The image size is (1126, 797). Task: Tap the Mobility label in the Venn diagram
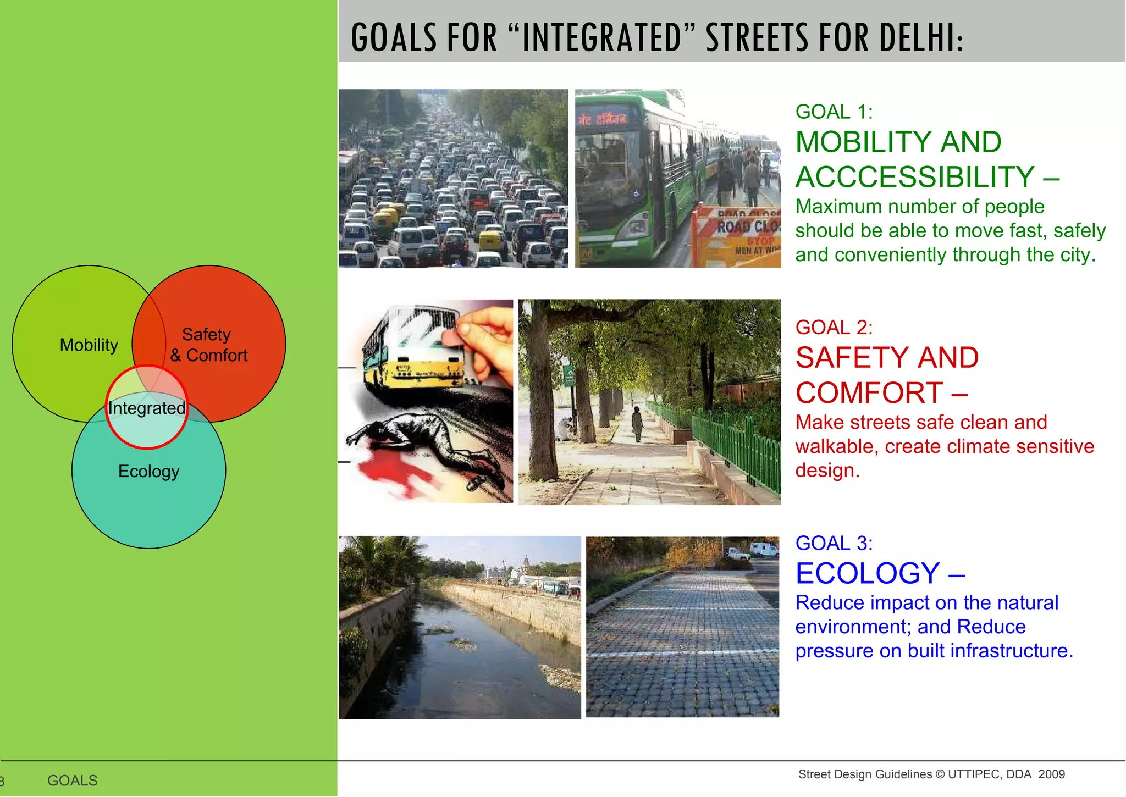coord(89,345)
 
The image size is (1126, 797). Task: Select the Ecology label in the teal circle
coord(148,471)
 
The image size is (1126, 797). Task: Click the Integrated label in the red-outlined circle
coord(146,408)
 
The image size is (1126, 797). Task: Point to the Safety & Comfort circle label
coord(208,345)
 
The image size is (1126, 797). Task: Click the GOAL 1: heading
coord(834,112)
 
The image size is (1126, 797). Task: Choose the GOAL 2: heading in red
coord(834,327)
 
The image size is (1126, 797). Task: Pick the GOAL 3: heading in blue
coord(834,543)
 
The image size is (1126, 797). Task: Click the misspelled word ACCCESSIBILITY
coord(915,177)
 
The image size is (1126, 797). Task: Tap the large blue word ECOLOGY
coord(867,573)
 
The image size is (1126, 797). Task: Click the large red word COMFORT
coord(869,392)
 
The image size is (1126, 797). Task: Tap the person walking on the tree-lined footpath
coord(637,423)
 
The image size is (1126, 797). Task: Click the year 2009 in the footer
coord(1051,774)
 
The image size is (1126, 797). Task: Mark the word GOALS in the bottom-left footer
coord(73,781)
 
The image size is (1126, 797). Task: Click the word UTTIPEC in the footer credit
coord(974,774)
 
